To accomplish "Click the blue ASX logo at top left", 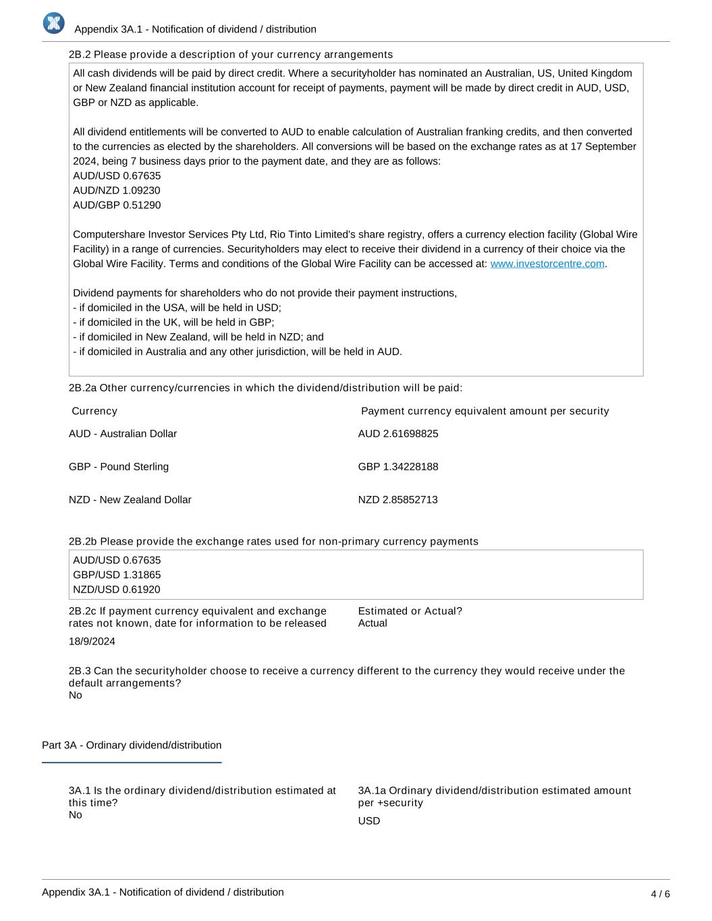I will [53, 23].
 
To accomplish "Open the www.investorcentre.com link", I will [547, 264].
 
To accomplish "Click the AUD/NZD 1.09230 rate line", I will [117, 190].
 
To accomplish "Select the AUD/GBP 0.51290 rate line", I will [117, 205].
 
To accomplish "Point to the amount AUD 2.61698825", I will [398, 434].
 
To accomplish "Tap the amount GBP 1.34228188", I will [398, 467].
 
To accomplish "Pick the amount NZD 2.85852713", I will [398, 500].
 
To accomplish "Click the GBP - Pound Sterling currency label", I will [119, 467].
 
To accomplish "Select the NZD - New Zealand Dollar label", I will [130, 500].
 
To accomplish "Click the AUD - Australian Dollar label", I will [123, 434].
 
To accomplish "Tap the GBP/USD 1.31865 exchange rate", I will [117, 575].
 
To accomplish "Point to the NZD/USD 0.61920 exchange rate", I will [117, 590].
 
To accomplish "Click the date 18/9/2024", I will [92, 642].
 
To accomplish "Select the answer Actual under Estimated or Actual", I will [373, 623].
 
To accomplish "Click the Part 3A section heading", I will [132, 746].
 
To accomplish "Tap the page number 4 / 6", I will [660, 894].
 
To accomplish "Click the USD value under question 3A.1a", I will [369, 821].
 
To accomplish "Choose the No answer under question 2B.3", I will [76, 696].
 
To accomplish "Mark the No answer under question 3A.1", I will [76, 815].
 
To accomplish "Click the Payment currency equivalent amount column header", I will [485, 412].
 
